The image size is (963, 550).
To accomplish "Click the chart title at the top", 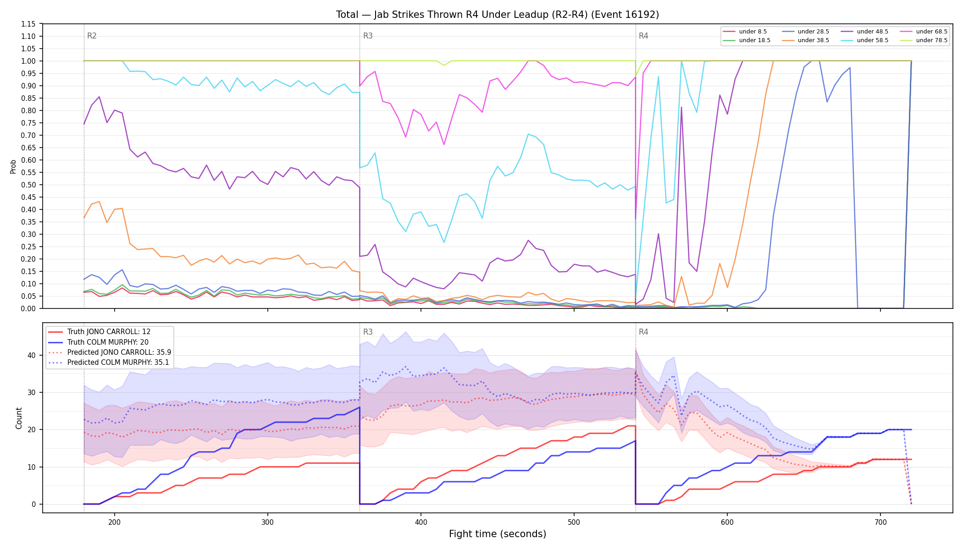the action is (498, 15).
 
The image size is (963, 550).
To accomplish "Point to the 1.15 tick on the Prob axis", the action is (29, 24).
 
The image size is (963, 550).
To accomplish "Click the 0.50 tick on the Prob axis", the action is (29, 185).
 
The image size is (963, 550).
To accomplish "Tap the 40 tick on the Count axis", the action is (32, 355).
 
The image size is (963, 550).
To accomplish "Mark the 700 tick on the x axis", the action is (880, 522).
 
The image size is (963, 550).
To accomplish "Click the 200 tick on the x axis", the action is (115, 522).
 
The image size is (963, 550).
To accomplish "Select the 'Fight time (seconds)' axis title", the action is (498, 534).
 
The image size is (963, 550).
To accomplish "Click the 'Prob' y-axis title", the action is (13, 166).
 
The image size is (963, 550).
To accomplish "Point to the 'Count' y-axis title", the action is (19, 418).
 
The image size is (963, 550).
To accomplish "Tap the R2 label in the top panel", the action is (92, 36).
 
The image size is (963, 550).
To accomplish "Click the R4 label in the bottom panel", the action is (643, 332).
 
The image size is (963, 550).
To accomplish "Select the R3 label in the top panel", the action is (368, 36).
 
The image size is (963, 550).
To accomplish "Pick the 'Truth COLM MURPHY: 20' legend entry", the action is (108, 342).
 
